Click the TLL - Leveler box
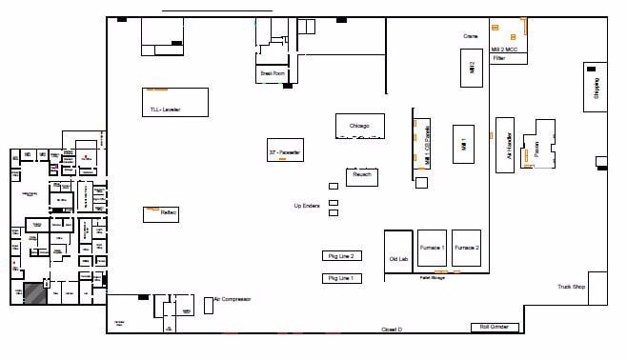click(174, 102)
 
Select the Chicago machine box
click(359, 126)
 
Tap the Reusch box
click(362, 176)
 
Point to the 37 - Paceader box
click(286, 151)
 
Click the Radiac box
click(160, 214)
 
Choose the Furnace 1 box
click(432, 248)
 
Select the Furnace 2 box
click(466, 248)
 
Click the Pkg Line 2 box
click(341, 255)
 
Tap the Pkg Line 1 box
click(341, 278)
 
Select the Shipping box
click(597, 89)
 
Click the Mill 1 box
click(463, 145)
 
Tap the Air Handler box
click(507, 145)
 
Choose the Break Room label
click(272, 72)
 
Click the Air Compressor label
click(232, 298)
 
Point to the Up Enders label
click(306, 206)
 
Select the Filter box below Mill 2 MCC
click(503, 58)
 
